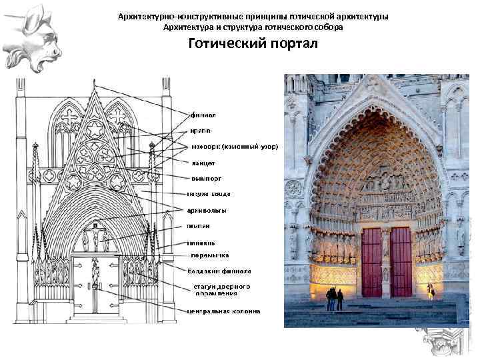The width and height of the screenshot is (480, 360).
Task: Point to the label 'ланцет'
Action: tap(203, 162)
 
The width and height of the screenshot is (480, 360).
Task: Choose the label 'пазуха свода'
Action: tap(209, 194)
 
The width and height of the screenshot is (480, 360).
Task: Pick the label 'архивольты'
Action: tap(206, 210)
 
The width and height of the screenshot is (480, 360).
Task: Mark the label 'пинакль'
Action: tap(201, 243)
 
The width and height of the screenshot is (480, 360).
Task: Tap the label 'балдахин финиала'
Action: tap(219, 271)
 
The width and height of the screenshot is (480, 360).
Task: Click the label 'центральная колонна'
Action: tap(223, 311)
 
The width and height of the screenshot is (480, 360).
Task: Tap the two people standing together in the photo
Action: tap(335, 299)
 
